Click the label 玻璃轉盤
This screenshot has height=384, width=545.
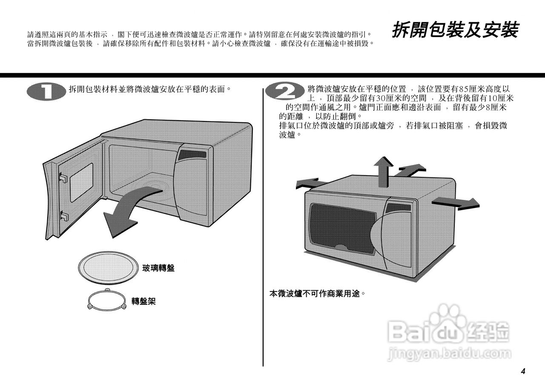(x=158, y=268)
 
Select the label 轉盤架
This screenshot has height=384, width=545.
(x=143, y=301)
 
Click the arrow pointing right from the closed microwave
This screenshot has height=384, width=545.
(x=454, y=202)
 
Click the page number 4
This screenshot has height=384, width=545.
(x=523, y=371)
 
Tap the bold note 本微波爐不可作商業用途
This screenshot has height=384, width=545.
(x=317, y=294)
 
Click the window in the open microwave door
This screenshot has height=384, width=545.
(x=81, y=181)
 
